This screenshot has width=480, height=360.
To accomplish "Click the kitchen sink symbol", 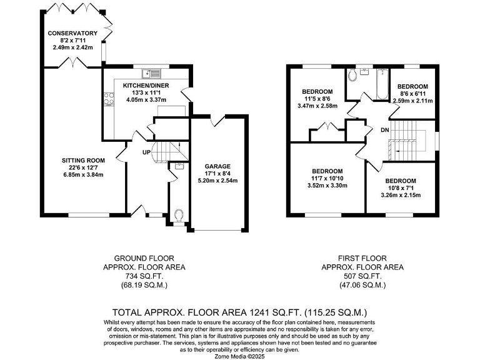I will click(x=150, y=73).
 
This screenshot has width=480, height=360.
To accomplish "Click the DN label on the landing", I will click(x=384, y=130).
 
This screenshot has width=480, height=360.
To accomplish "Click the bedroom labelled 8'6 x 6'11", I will click(x=412, y=93).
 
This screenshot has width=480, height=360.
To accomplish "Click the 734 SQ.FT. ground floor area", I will click(x=144, y=276).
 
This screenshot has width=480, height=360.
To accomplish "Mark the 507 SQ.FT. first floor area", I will click(x=362, y=276).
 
